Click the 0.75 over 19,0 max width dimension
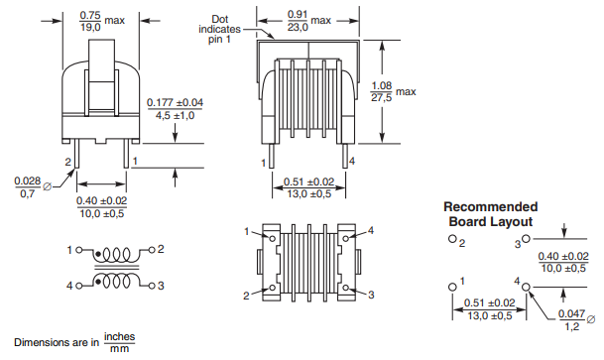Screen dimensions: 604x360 [x=102, y=21]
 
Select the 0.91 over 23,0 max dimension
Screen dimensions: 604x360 [x=308, y=21]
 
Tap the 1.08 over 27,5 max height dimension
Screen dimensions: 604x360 [x=393, y=91]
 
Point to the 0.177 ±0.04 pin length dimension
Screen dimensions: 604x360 [x=176, y=109]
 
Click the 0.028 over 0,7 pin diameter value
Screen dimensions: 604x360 [x=28, y=187]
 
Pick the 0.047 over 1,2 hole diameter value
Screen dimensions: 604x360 [x=572, y=320]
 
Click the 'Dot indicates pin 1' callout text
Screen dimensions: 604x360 [x=219, y=30]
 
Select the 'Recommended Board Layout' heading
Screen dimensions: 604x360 [x=490, y=214]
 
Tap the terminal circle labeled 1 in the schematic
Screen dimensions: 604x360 [x=79, y=250]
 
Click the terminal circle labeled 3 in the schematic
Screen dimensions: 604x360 [x=152, y=286]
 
